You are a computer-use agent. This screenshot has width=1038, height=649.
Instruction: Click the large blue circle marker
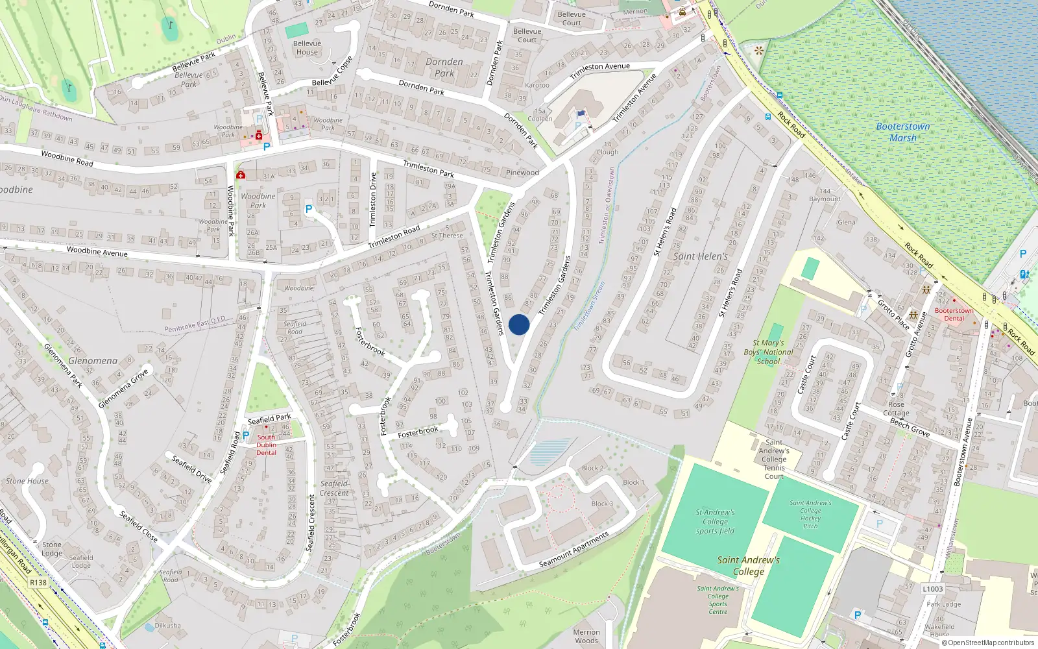click(519, 324)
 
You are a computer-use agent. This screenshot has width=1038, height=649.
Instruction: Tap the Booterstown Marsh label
click(903, 132)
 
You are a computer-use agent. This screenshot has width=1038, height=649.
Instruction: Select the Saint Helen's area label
click(700, 256)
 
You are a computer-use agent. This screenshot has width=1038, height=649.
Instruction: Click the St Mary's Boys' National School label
click(768, 352)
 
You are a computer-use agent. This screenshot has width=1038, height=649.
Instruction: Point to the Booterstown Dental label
click(954, 314)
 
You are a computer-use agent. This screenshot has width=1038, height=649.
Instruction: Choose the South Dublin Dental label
click(266, 445)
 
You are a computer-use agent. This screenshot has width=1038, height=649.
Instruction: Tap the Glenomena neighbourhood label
click(93, 361)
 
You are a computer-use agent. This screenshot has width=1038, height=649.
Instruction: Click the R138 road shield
click(38, 582)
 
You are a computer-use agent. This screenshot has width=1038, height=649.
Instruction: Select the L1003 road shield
click(932, 589)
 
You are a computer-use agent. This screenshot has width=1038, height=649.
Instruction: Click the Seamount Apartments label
click(574, 550)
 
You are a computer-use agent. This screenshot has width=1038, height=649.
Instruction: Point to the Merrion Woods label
click(586, 636)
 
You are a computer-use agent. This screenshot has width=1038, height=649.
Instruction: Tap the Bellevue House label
click(307, 47)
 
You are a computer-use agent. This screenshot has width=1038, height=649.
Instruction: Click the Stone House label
click(27, 481)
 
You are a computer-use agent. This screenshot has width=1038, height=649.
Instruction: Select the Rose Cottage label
click(896, 408)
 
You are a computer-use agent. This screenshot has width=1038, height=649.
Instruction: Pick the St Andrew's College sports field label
click(715, 521)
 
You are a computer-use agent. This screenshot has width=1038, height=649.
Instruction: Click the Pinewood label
click(522, 173)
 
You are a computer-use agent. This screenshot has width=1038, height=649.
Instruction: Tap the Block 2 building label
click(592, 468)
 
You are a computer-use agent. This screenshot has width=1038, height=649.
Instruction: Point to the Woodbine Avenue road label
click(97, 251)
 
